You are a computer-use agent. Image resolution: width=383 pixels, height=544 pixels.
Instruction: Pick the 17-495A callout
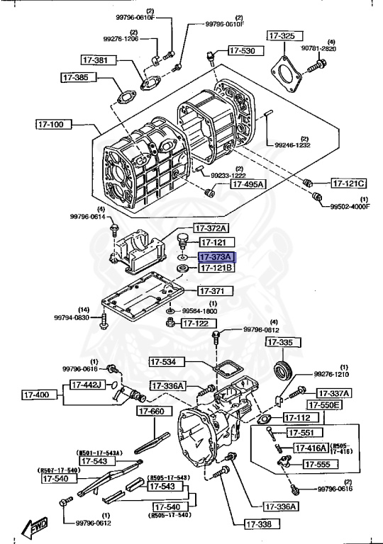248,184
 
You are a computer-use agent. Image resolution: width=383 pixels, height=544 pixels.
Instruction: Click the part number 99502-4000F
350,207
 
